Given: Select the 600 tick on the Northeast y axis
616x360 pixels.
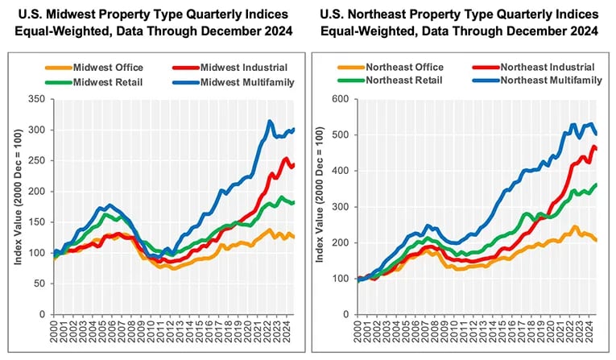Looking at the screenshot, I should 344,99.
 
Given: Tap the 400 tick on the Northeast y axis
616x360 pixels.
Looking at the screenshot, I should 344,171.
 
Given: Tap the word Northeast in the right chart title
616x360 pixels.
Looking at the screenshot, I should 383,14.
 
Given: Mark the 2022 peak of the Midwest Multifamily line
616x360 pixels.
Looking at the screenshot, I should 270,122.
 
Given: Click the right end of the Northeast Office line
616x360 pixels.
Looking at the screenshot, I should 596,240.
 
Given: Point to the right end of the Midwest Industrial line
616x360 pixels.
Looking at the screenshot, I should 294,165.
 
